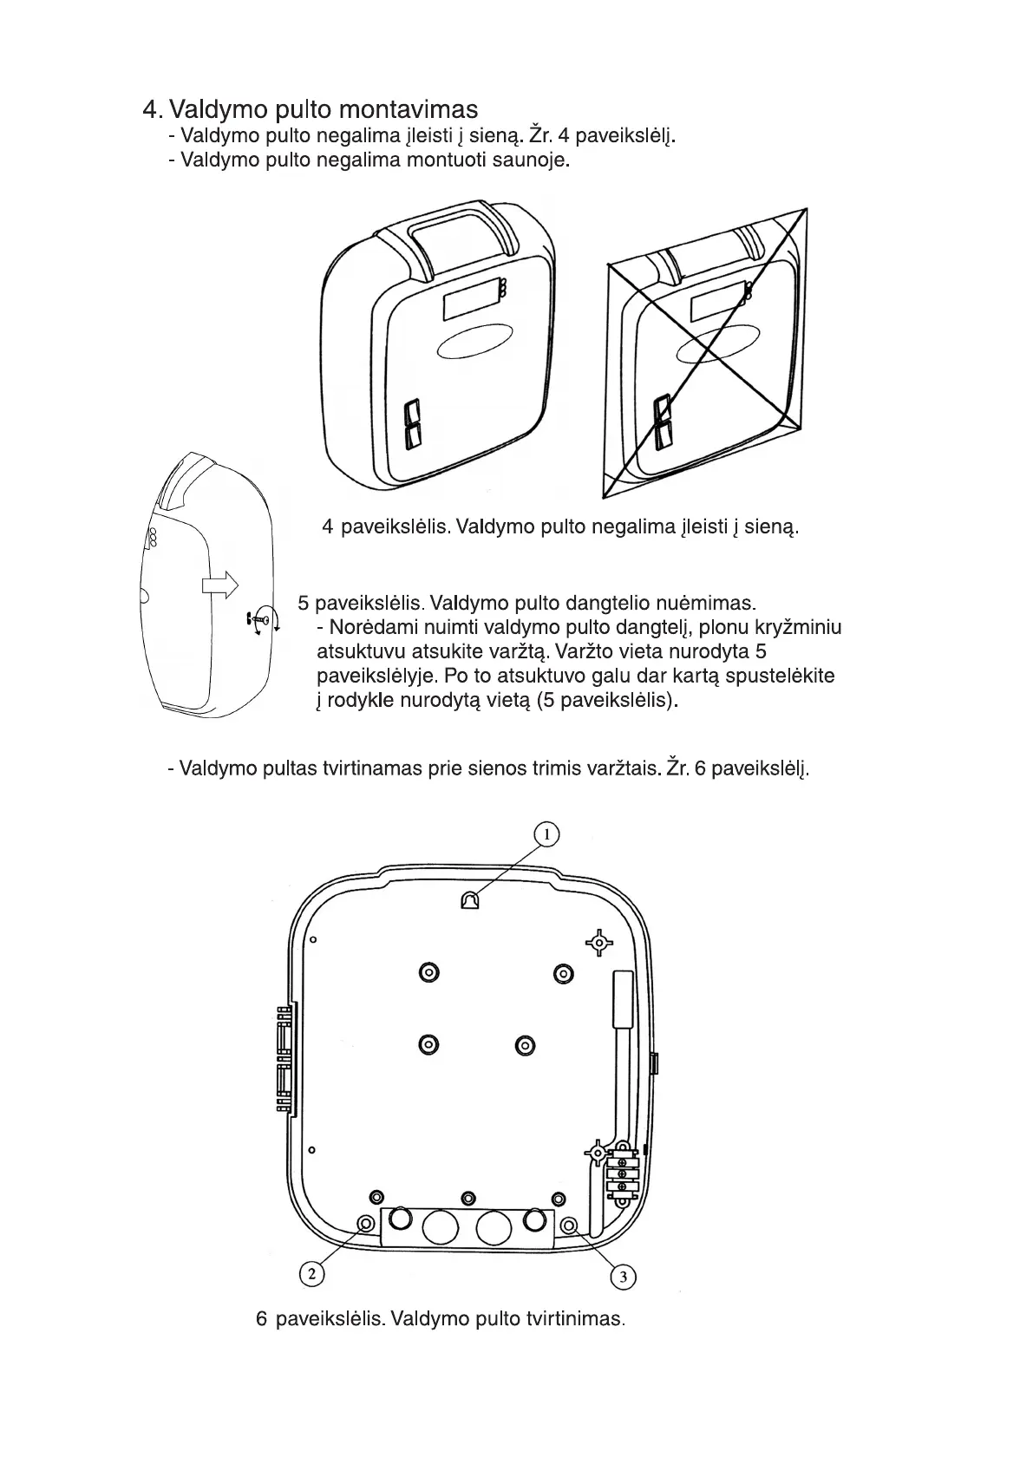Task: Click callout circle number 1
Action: click(546, 834)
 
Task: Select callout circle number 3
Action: click(623, 1277)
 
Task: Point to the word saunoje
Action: click(531, 160)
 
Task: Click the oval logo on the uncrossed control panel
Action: click(476, 344)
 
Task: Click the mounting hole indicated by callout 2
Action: click(366, 1223)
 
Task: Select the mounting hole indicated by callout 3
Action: click(569, 1225)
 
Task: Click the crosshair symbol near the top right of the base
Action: click(599, 943)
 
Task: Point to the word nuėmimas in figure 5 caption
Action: click(711, 603)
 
